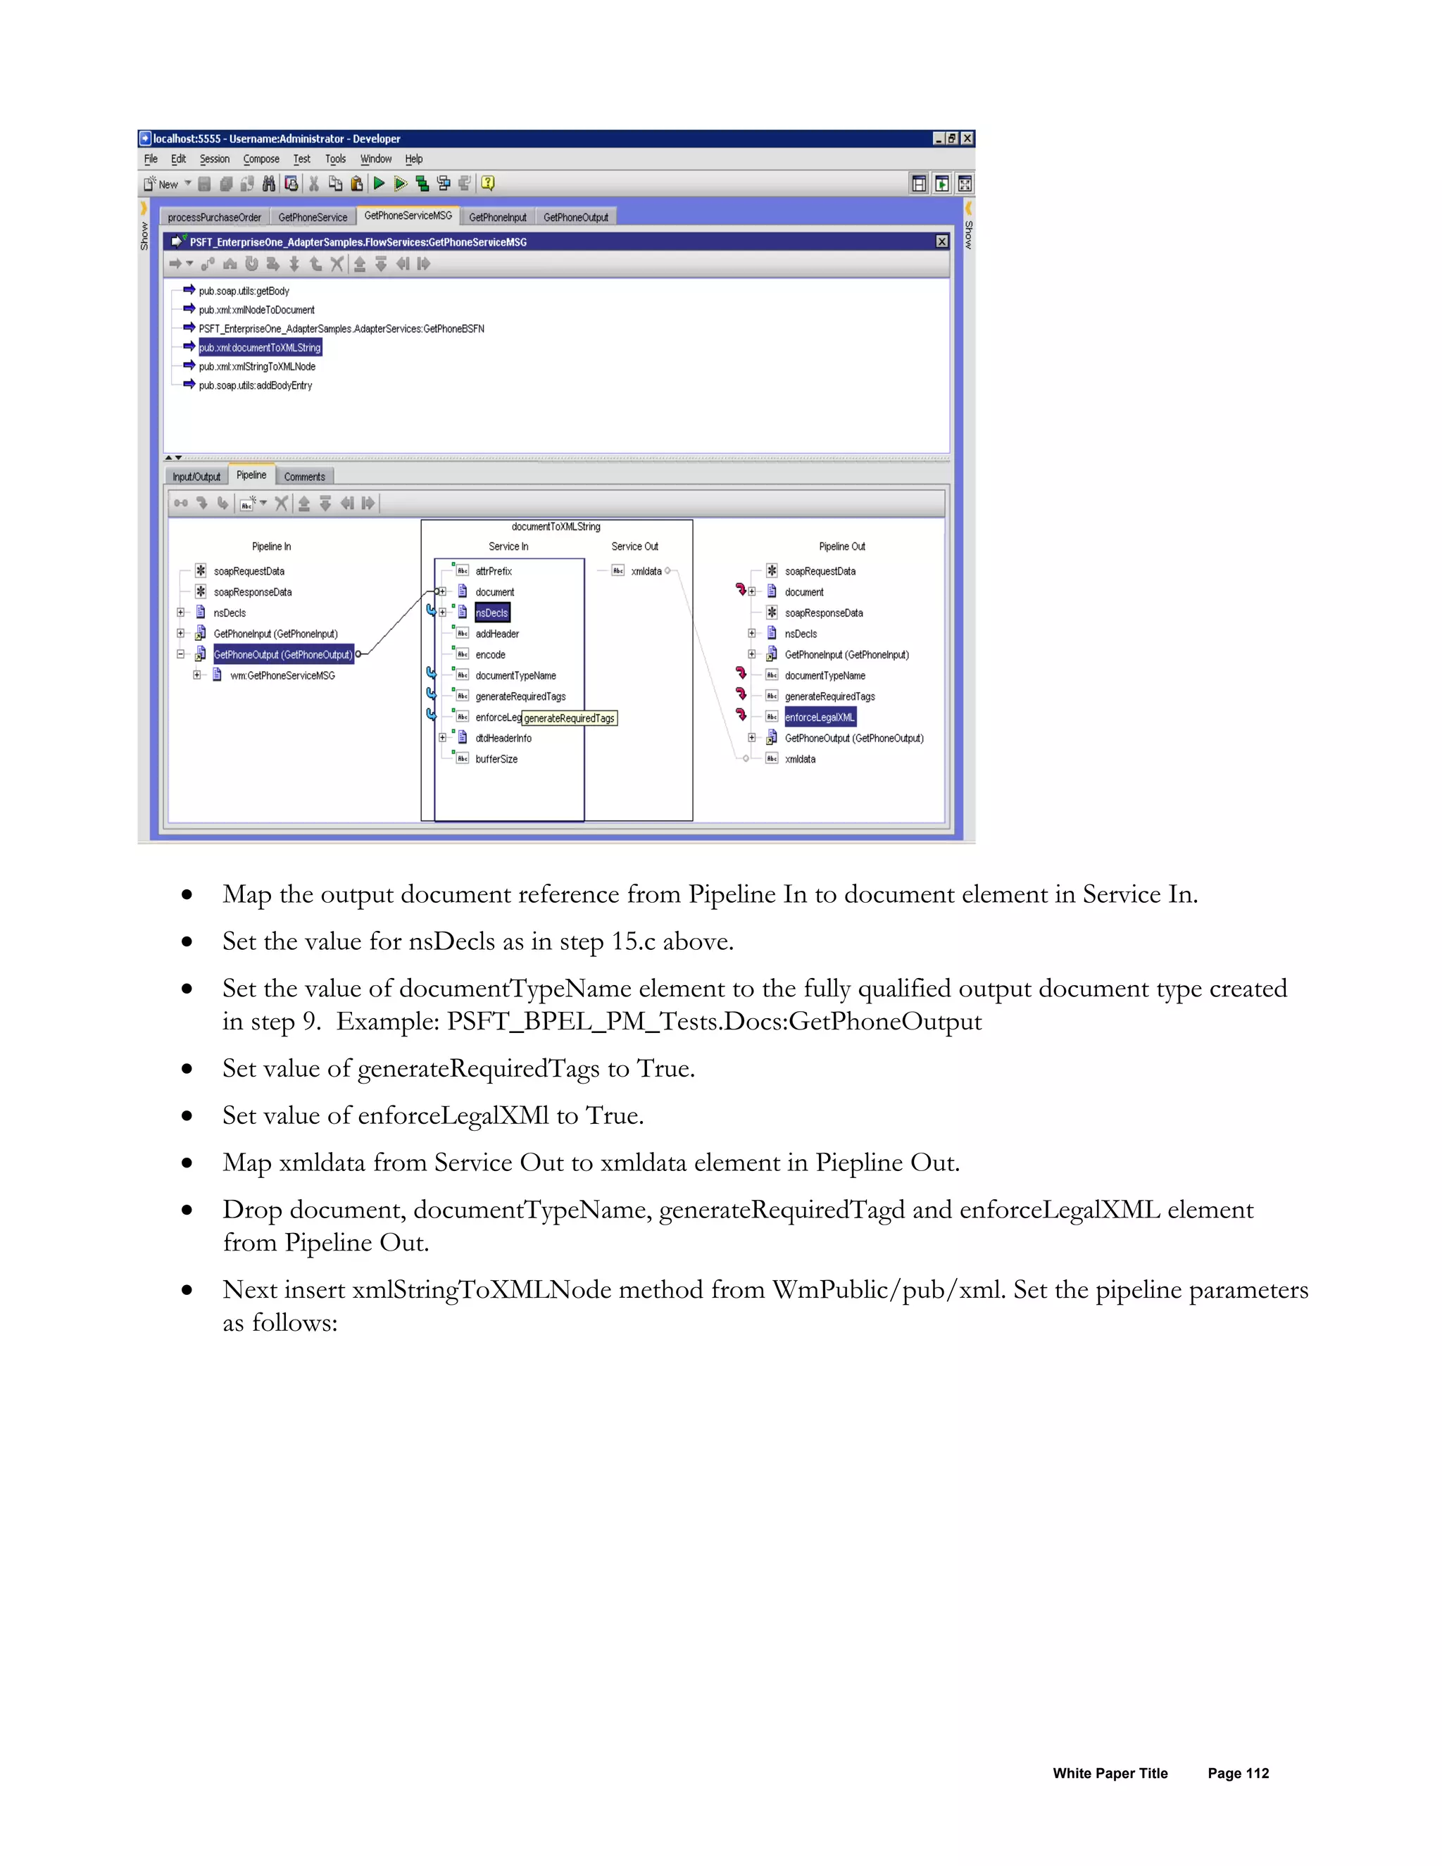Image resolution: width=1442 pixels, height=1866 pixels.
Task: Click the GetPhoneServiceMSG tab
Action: tap(408, 215)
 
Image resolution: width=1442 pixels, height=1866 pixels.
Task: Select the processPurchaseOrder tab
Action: tap(215, 217)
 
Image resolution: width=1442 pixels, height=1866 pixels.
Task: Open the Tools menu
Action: tap(335, 159)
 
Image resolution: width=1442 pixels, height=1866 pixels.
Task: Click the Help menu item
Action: tap(413, 159)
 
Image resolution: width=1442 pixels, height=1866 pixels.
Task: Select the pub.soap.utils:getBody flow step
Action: tap(244, 292)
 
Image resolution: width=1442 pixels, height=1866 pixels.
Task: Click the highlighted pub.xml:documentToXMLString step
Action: tap(260, 348)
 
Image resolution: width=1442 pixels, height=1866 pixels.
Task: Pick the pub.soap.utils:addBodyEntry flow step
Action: tap(256, 385)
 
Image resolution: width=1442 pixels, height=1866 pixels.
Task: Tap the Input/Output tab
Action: tap(196, 477)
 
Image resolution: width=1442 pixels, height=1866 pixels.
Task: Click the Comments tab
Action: tap(304, 477)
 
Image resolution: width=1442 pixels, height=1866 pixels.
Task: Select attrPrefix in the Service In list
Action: tap(494, 571)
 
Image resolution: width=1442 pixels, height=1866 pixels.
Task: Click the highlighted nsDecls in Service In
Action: tap(492, 613)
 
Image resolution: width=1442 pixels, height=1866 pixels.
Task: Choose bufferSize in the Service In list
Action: tap(496, 758)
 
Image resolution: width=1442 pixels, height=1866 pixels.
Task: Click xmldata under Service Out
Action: tap(646, 571)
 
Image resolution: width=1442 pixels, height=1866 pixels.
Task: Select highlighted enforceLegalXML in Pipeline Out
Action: tap(820, 717)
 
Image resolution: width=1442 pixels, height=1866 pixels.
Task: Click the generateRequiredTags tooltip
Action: tap(569, 718)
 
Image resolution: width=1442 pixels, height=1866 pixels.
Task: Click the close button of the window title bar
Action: tap(967, 139)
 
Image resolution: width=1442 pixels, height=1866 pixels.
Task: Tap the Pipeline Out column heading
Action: tap(841, 546)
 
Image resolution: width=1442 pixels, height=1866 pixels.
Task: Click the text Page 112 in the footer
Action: tap(1238, 1773)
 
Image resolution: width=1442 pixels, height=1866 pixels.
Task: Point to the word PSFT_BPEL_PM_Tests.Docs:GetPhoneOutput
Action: tap(714, 1021)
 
